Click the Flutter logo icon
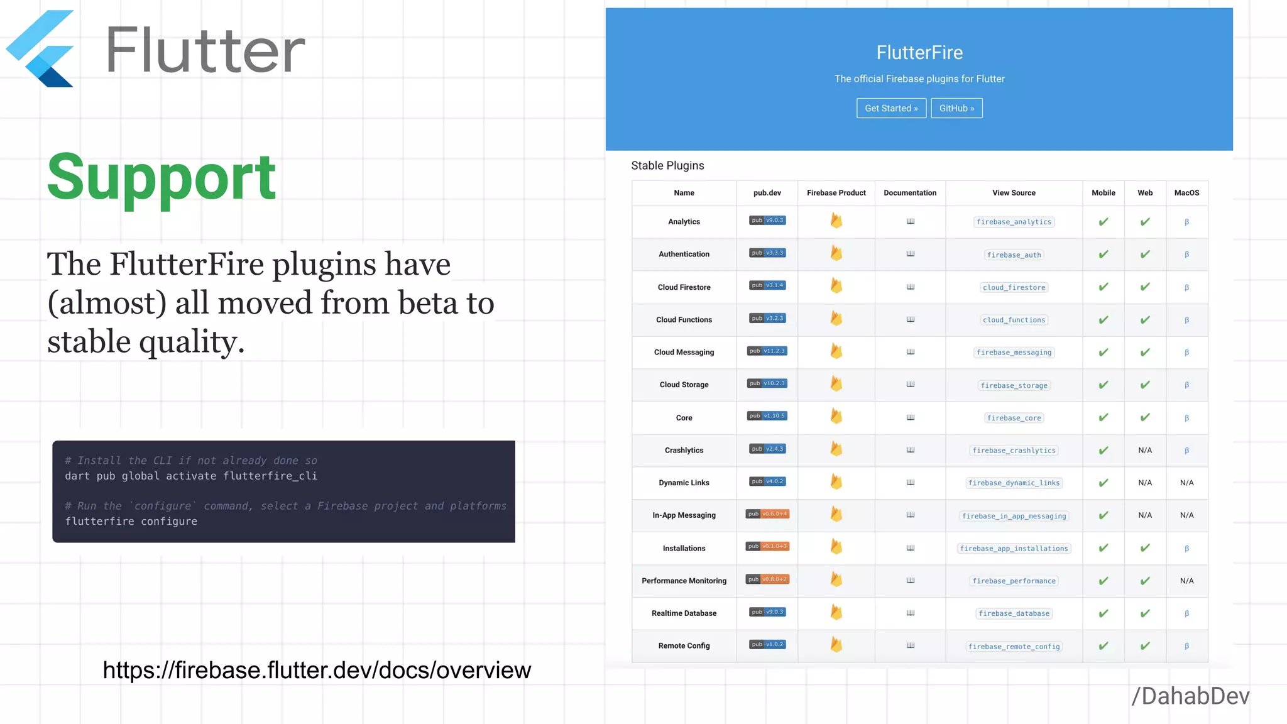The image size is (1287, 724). tap(41, 48)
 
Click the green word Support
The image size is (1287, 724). tap(162, 177)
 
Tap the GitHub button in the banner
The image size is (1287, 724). tap(956, 108)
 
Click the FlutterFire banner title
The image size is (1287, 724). tap(919, 53)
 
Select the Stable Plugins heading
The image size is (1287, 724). tap(667, 165)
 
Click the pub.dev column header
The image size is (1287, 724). tap(767, 193)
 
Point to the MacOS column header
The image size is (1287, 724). tap(1186, 193)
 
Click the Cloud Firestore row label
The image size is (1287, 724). tap(684, 287)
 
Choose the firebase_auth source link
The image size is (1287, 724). tap(1014, 255)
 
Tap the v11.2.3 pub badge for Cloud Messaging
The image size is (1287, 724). tap(767, 351)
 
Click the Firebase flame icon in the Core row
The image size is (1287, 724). tap(836, 416)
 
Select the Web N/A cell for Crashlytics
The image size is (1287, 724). tap(1145, 451)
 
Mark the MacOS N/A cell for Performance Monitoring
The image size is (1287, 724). tap(1186, 581)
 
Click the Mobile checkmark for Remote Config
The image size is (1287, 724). tap(1103, 646)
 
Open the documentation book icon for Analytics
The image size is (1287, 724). tap(910, 221)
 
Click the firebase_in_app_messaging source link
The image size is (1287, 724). tap(1014, 516)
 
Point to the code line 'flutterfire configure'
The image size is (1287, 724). tap(131, 522)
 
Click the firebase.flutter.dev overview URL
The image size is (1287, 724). tap(317, 671)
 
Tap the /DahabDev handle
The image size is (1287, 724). tap(1190, 696)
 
